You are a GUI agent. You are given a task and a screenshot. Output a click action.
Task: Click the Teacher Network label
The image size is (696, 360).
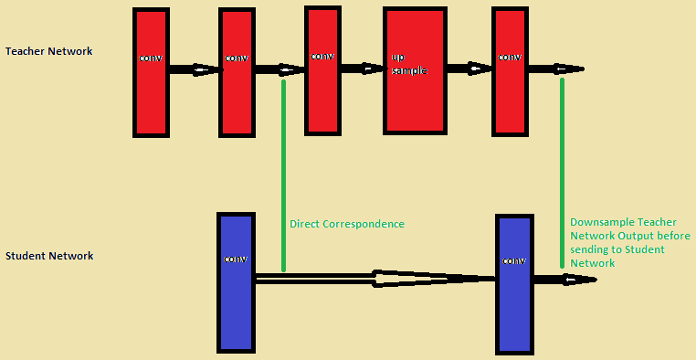(48, 51)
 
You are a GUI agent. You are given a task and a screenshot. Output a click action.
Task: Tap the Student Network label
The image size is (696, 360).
(49, 256)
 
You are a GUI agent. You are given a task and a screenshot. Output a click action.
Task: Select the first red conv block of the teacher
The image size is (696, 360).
(151, 73)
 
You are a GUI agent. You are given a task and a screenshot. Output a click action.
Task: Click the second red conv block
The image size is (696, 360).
(237, 73)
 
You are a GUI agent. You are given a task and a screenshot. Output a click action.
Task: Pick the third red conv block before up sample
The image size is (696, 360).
(322, 71)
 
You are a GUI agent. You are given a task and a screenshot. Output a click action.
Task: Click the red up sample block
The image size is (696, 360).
(415, 71)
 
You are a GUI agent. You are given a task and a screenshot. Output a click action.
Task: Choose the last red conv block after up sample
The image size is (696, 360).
(510, 71)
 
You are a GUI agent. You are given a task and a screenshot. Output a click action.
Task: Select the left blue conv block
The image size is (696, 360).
(237, 282)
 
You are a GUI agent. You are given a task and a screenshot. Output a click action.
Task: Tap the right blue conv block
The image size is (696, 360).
(514, 284)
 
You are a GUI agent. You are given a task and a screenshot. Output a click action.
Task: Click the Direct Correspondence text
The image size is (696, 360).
(347, 224)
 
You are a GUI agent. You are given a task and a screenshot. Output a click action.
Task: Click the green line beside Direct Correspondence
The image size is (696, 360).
(284, 175)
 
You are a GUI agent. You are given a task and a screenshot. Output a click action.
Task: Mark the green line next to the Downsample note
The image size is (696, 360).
(562, 173)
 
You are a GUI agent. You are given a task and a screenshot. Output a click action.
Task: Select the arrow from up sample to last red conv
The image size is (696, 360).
(469, 69)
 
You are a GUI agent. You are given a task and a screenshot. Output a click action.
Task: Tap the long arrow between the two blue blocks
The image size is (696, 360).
(375, 279)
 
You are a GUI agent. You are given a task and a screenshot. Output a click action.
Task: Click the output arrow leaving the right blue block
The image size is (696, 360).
(565, 280)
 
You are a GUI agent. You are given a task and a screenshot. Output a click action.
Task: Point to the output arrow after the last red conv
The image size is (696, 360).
(556, 69)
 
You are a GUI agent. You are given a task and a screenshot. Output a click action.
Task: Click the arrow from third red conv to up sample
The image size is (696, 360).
(363, 69)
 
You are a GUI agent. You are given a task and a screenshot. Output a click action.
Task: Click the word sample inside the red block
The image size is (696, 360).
(409, 70)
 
